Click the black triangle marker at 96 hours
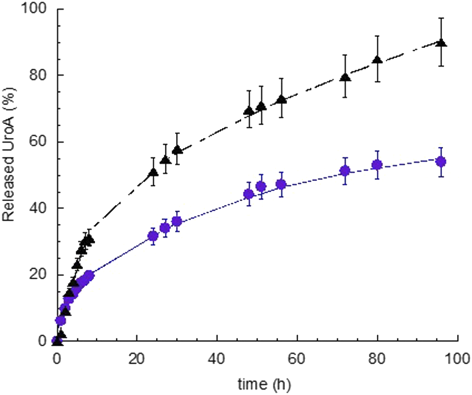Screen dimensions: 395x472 click(x=441, y=43)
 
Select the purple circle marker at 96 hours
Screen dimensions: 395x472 click(x=441, y=161)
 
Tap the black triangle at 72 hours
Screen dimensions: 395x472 click(x=345, y=77)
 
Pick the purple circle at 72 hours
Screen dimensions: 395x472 click(x=345, y=171)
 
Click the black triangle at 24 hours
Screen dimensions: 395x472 click(x=153, y=172)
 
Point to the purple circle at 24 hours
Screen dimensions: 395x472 click(x=153, y=236)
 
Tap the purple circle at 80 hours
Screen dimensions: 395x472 click(x=377, y=165)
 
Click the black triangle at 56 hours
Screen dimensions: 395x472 click(x=281, y=99)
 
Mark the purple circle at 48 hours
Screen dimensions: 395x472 click(x=249, y=194)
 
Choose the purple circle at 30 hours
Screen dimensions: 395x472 click(x=177, y=222)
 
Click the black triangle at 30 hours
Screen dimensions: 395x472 click(x=177, y=150)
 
